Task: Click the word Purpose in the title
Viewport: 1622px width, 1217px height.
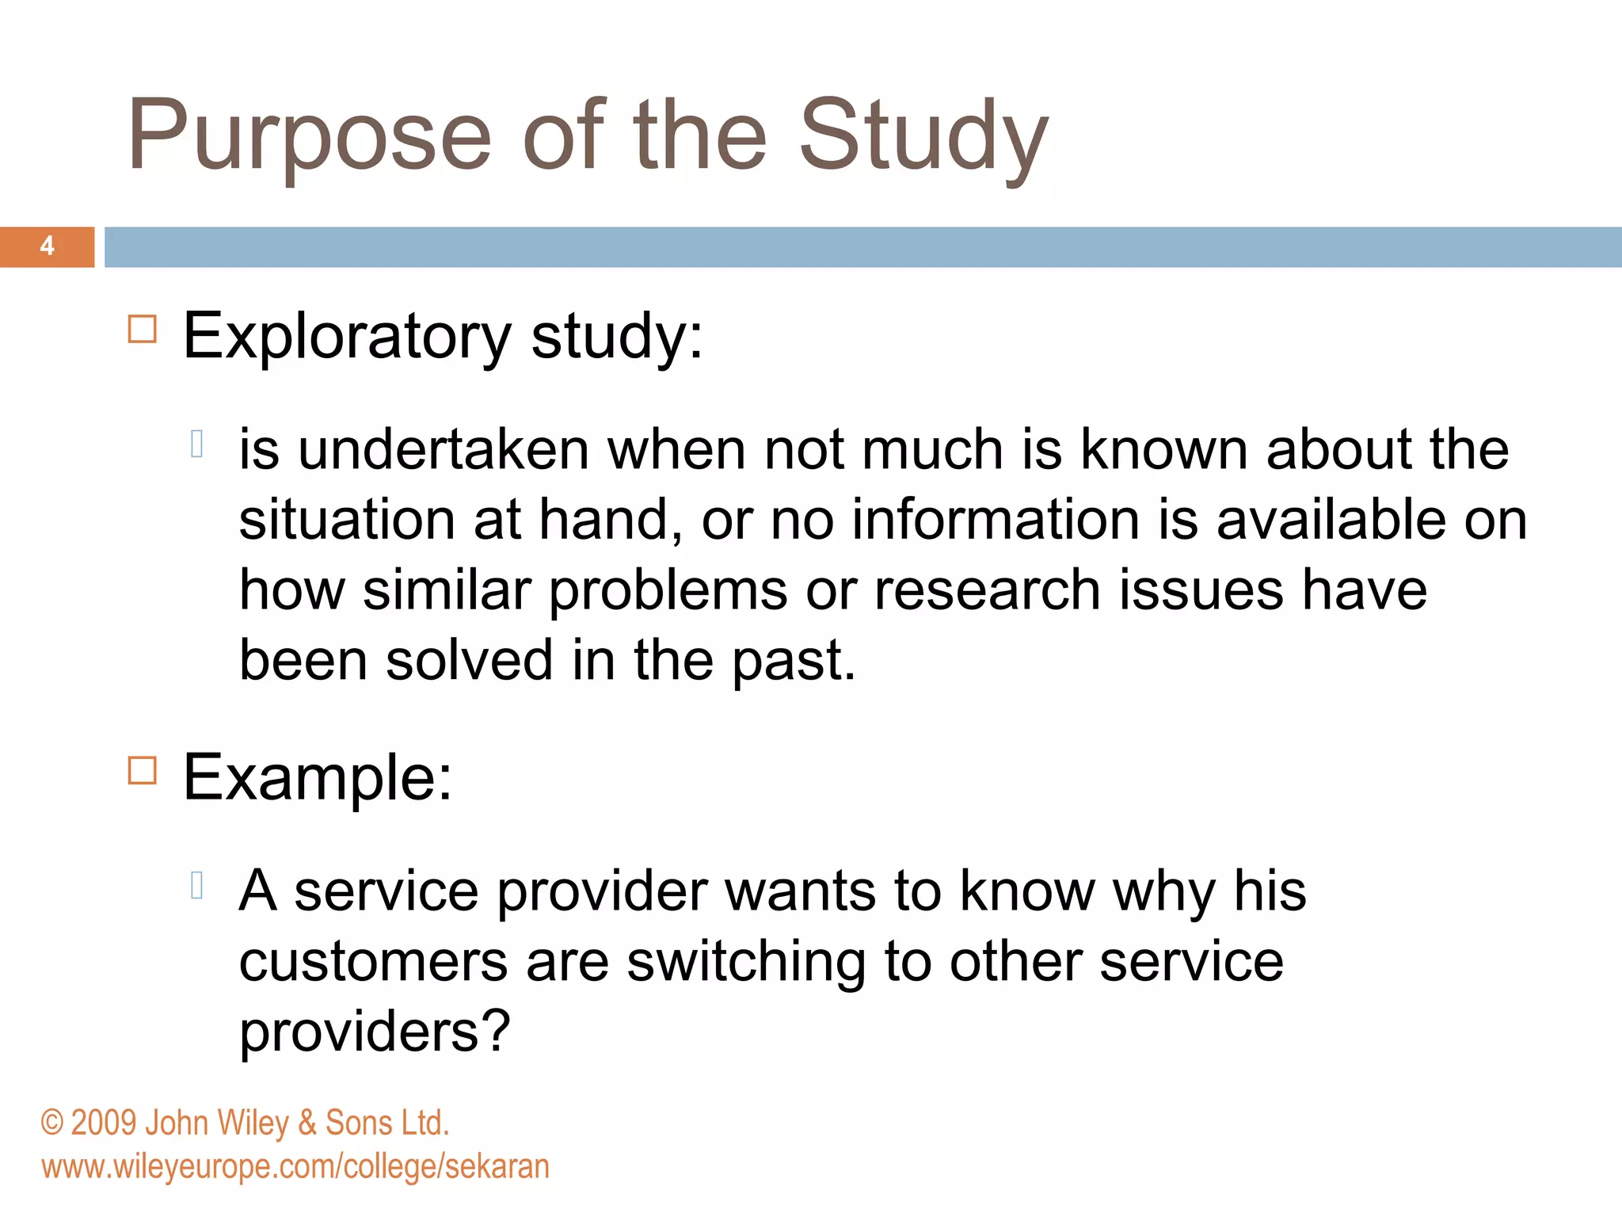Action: click(x=310, y=136)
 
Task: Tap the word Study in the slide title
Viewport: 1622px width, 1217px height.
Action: click(x=923, y=136)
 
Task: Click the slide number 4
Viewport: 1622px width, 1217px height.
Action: click(x=48, y=246)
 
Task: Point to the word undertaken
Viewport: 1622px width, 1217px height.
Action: click(x=444, y=450)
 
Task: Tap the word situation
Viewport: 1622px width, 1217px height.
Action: click(x=347, y=521)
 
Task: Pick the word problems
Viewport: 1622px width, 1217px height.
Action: click(x=668, y=591)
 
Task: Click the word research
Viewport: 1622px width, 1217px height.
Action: click(x=987, y=591)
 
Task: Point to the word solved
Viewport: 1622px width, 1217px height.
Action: click(x=469, y=661)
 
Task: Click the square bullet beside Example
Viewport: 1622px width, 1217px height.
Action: click(x=143, y=769)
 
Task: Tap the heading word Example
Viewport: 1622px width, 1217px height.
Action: click(x=317, y=779)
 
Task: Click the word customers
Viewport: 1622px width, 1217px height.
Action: click(x=373, y=962)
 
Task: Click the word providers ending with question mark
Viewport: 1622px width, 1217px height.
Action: click(x=375, y=1033)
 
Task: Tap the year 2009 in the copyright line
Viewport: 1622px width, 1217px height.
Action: click(x=103, y=1124)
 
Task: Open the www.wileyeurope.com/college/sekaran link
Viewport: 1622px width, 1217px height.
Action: click(x=295, y=1167)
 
